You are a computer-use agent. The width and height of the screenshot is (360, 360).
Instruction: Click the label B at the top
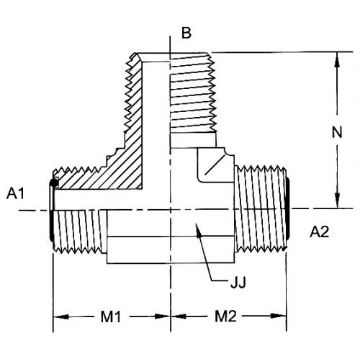click(x=186, y=34)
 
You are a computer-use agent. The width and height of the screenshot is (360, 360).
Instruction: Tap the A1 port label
click(x=15, y=194)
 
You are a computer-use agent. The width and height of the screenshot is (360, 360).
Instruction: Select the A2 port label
click(x=319, y=232)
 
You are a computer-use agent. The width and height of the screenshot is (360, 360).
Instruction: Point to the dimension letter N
click(x=337, y=133)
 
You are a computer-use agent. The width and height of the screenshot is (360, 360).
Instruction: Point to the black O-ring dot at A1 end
click(x=53, y=183)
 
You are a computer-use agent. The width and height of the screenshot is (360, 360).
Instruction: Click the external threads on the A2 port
click(x=260, y=207)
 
